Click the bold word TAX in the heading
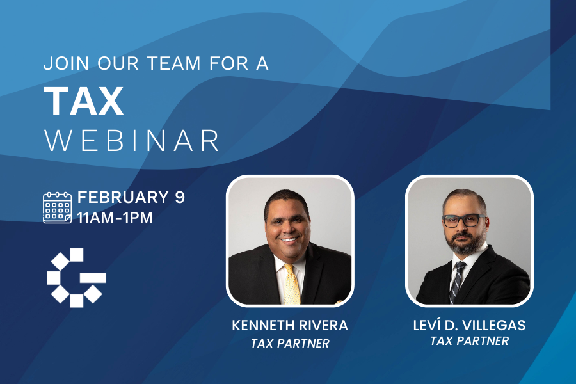click(83, 101)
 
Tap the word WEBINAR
click(132, 140)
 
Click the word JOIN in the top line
click(66, 63)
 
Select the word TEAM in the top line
click(173, 63)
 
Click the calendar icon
click(58, 207)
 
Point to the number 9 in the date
click(179, 197)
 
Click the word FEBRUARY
click(123, 197)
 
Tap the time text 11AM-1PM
click(115, 218)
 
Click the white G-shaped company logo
click(76, 278)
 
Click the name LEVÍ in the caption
click(428, 325)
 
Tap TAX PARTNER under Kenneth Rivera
click(290, 344)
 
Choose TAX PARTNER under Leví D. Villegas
click(470, 341)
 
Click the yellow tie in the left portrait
click(292, 284)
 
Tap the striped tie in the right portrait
click(456, 281)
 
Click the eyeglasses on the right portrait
click(465, 220)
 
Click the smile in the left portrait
click(289, 241)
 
